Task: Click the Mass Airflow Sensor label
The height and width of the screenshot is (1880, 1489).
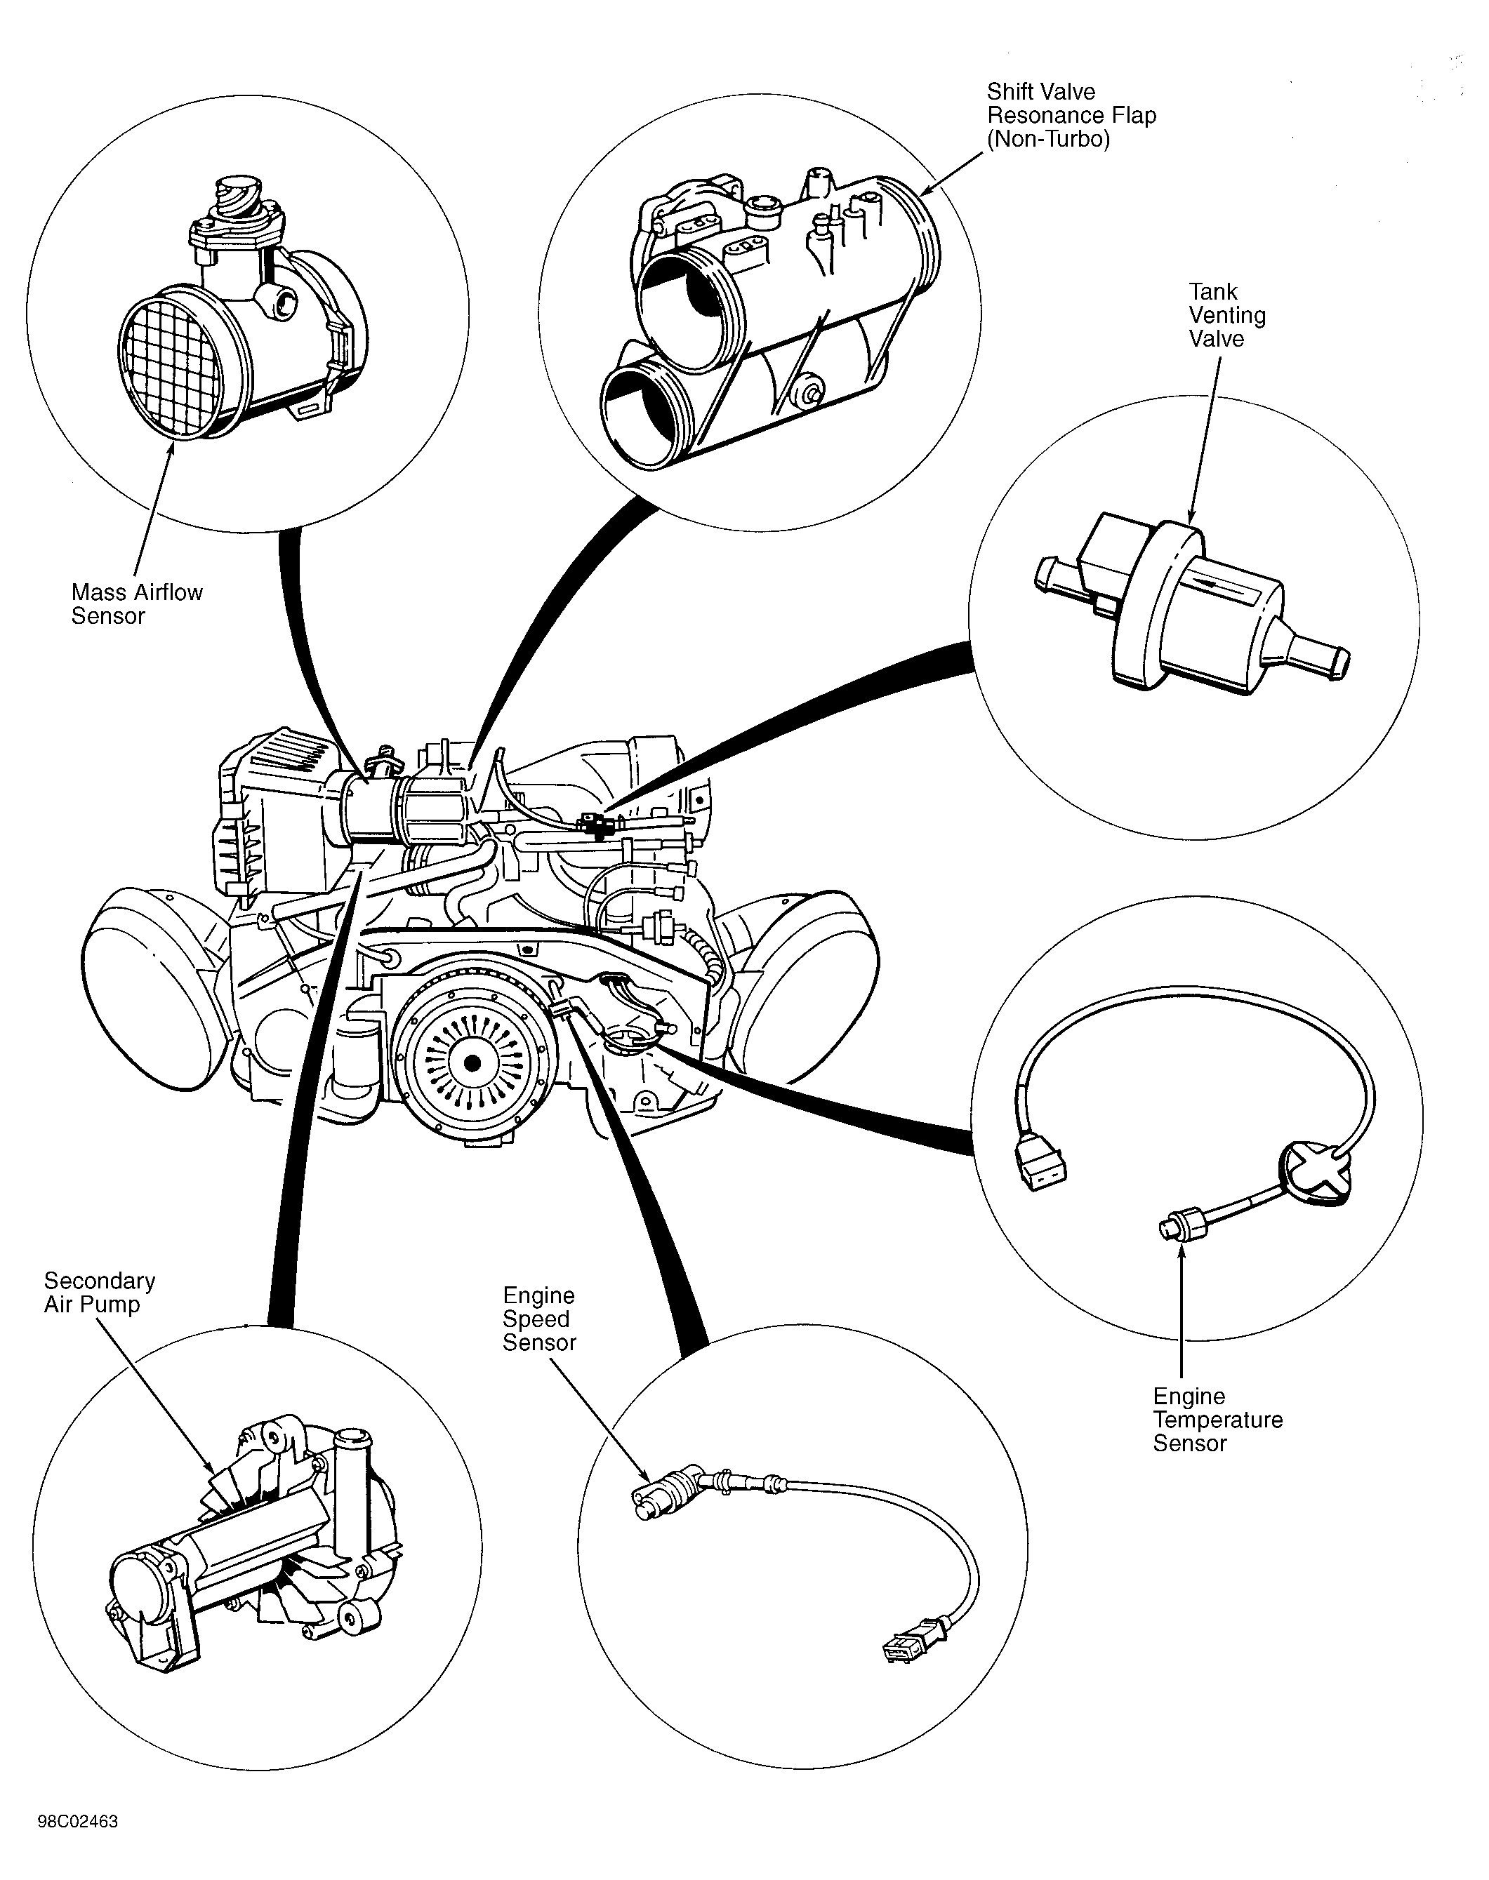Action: pos(137,604)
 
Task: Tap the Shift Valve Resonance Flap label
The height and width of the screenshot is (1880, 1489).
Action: pos(1071,116)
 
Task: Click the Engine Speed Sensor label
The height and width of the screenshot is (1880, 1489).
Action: pos(538,1319)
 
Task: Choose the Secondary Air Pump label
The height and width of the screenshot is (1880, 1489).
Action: pos(100,1293)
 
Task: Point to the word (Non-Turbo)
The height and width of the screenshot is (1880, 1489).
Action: pos(1049,140)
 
